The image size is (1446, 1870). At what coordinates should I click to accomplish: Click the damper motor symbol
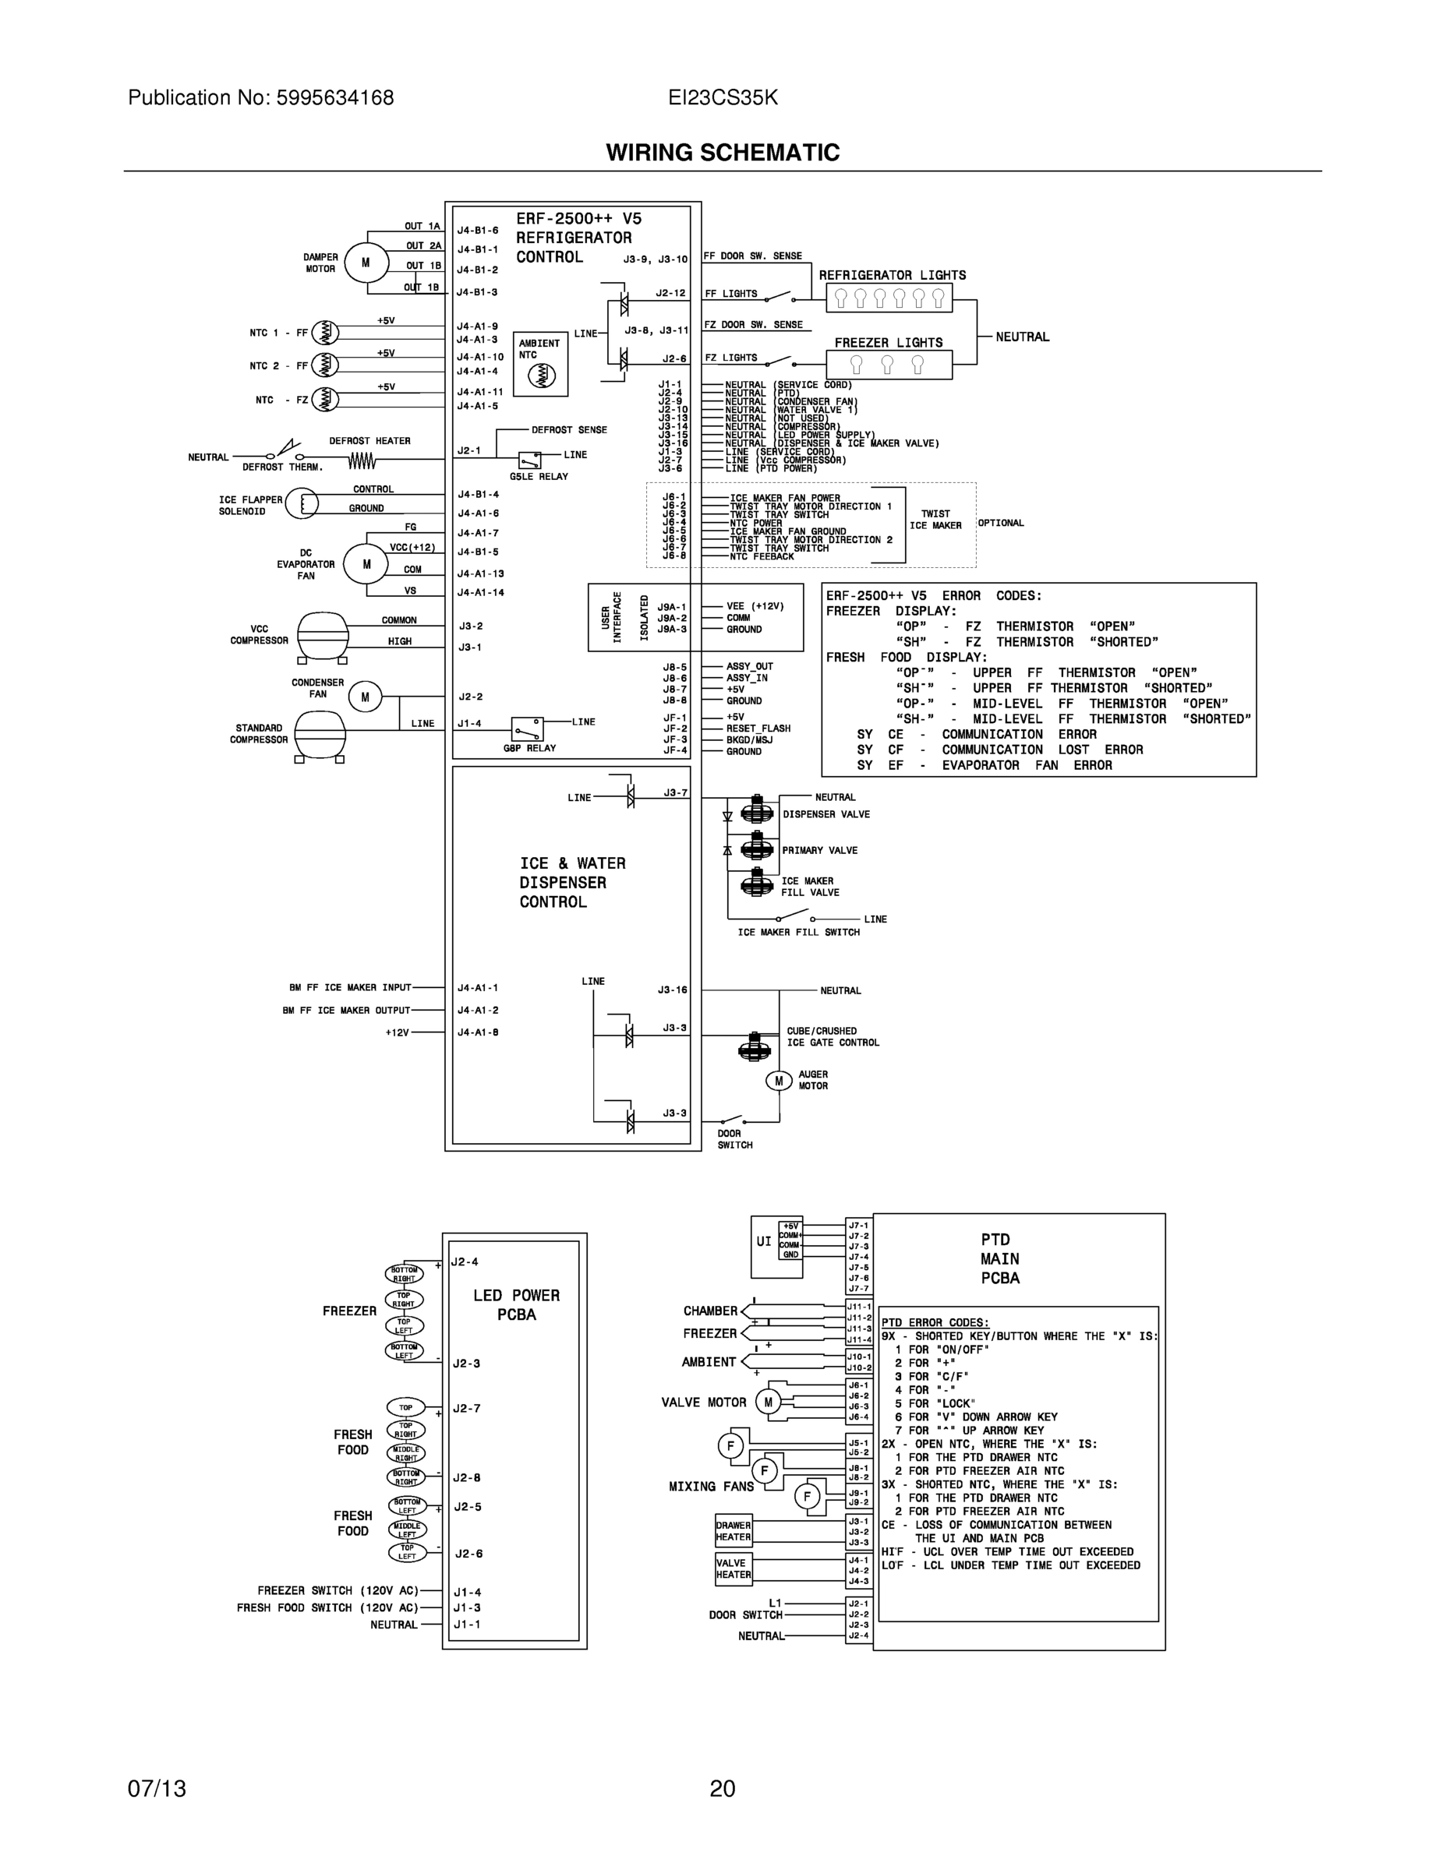click(x=366, y=263)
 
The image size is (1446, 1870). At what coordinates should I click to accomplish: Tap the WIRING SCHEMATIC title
click(x=722, y=153)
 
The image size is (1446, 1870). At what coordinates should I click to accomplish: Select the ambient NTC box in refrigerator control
click(x=540, y=364)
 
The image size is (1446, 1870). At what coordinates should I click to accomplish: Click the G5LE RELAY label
click(x=539, y=477)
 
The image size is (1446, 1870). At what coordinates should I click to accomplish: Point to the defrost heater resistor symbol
click(x=362, y=461)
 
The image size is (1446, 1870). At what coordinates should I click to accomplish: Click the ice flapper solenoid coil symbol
click(x=302, y=503)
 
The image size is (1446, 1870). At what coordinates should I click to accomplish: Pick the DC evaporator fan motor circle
click(x=366, y=564)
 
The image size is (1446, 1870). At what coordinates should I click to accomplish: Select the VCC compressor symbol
click(x=323, y=635)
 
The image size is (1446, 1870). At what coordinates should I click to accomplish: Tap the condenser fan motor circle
click(x=365, y=697)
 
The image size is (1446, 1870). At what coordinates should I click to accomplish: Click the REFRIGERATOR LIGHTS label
click(x=892, y=275)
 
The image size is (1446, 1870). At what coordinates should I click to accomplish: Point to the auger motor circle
click(x=779, y=1081)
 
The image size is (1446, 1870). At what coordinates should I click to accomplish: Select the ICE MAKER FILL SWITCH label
click(x=798, y=933)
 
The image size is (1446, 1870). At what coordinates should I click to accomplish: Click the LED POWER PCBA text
click(x=516, y=1305)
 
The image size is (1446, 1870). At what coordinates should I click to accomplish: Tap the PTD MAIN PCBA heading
click(x=999, y=1258)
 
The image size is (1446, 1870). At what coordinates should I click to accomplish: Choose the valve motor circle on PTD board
click(x=768, y=1402)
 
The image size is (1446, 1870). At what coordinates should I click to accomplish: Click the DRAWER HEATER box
click(x=734, y=1531)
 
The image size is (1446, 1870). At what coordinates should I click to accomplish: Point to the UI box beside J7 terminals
click(x=763, y=1240)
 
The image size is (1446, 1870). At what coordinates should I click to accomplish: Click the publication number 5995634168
click(x=335, y=97)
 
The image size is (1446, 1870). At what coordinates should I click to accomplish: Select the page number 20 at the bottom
click(x=722, y=1789)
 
